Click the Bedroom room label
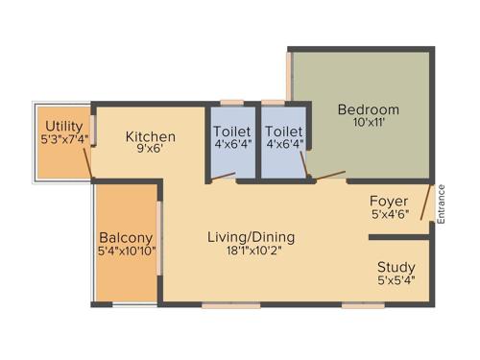[x=368, y=109]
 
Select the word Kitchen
[x=151, y=136]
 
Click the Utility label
[x=63, y=126]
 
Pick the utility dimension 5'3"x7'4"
[x=63, y=140]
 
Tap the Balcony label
[x=126, y=237]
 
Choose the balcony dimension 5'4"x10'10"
[x=126, y=252]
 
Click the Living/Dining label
[x=253, y=237]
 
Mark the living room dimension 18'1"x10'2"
[x=253, y=252]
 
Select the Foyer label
[x=390, y=201]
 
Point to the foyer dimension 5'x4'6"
[x=390, y=215]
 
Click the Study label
[x=395, y=267]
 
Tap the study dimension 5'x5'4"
[x=395, y=282]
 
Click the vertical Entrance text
[x=443, y=203]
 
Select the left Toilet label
[x=231, y=131]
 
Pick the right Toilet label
[x=284, y=131]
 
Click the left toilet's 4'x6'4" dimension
[x=231, y=146]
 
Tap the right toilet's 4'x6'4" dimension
[x=284, y=146]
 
